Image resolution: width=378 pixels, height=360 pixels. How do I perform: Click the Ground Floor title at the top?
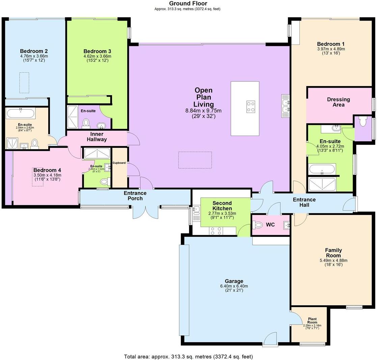pos(188,4)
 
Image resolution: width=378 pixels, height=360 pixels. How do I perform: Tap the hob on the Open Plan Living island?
pos(251,107)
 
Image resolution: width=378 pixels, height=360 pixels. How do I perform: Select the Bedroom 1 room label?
pos(331,44)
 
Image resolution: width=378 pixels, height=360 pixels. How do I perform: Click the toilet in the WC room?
pos(259,225)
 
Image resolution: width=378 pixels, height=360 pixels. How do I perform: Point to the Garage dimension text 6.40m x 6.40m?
pos(234,286)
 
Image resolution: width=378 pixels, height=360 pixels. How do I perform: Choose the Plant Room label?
pos(312,320)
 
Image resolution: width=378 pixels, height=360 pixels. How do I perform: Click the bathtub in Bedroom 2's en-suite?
pos(20,113)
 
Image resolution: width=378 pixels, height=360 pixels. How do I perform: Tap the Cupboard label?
pos(119,163)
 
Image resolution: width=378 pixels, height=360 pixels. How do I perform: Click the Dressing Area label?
pos(338,102)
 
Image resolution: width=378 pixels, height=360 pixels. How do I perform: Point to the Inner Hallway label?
pos(97,137)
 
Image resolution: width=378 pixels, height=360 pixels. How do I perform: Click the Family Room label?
pos(333,253)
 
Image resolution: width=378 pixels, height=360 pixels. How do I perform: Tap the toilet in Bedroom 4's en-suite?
pos(105,182)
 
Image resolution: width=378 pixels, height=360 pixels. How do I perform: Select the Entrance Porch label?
pos(135,196)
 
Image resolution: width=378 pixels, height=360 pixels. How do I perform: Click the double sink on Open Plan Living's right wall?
pos(285,106)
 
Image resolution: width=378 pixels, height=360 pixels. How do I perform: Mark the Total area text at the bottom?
pos(188,356)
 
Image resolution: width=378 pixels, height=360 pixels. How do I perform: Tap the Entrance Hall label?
pos(304,202)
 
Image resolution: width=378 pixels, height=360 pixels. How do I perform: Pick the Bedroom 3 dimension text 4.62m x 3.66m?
pos(97,56)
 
